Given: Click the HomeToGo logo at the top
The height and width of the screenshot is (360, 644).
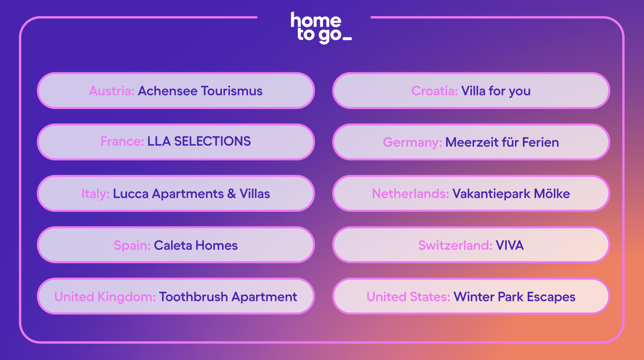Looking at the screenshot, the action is coord(321,28).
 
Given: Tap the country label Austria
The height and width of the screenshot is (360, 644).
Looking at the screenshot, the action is coord(112,91).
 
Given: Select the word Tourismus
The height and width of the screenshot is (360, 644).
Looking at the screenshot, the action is coord(232,91).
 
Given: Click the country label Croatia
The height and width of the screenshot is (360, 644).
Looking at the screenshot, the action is coord(434,91).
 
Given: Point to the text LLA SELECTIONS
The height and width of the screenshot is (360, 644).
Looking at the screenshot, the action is coord(199,141).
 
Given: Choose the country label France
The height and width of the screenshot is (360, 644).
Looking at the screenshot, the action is coord(122,141).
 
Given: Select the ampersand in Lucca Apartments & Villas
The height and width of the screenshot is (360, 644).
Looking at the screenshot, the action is coord(231,194).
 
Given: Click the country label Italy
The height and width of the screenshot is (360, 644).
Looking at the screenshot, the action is coord(95,194).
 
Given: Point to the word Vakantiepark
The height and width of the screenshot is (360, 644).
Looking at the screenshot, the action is coord(491,194).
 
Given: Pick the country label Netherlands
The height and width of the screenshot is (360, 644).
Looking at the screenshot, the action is coord(410,194).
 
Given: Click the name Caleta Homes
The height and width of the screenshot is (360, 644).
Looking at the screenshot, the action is coord(196,245).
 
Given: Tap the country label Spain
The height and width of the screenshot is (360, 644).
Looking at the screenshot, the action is coord(132,246).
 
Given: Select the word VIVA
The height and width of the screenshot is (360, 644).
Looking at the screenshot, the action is coord(510,245).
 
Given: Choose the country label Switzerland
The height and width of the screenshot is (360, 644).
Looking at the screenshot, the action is coord(455,245).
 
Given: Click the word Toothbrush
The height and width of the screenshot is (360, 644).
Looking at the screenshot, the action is coord(193,297).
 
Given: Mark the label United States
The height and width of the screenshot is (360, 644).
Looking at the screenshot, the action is coord(408,297).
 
